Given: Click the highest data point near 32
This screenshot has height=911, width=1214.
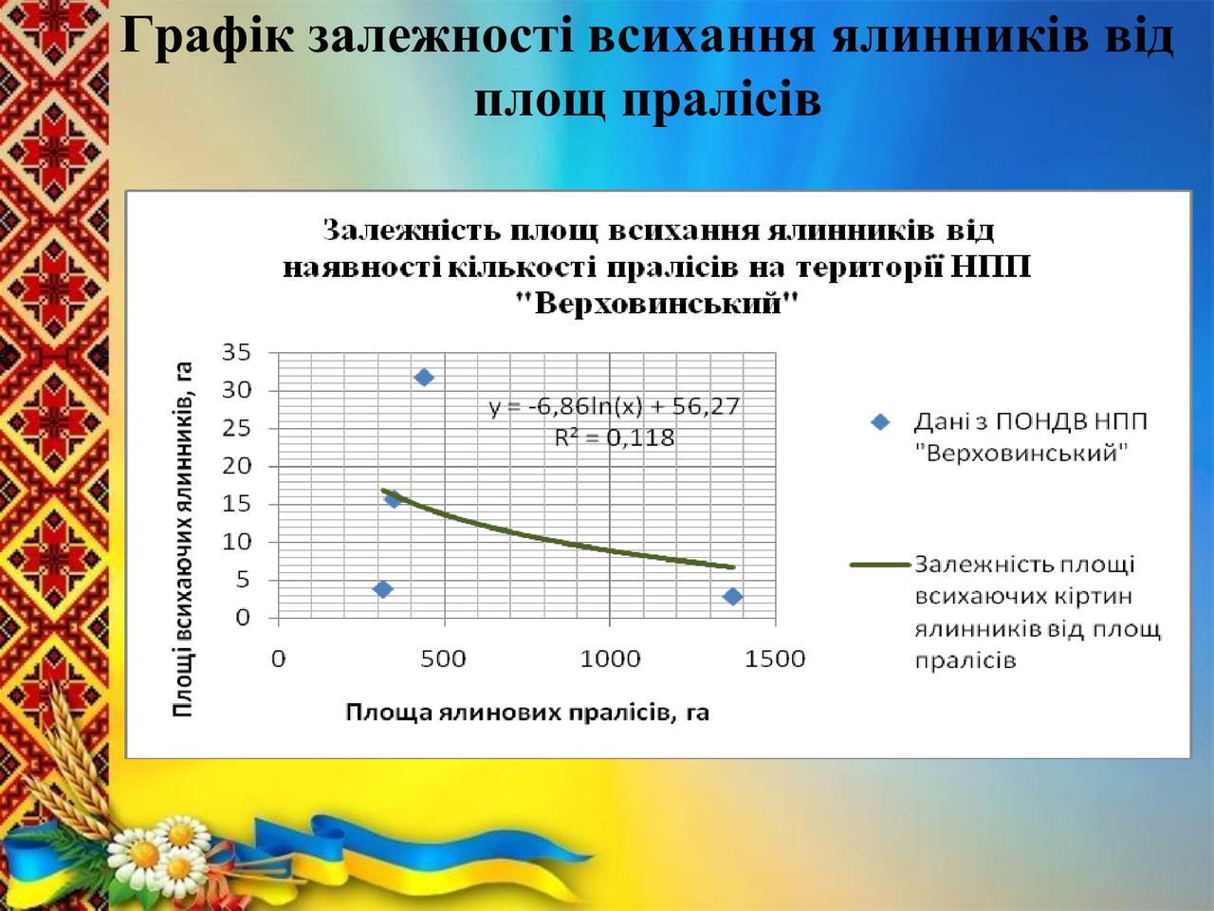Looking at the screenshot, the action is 424,378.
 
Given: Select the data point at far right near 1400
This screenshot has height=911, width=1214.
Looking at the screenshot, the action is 732,596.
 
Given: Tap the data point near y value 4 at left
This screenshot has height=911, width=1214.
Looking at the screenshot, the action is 383,589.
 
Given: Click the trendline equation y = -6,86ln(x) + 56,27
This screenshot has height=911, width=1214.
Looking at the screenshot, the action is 615,406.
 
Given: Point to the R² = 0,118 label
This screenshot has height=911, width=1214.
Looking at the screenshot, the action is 615,437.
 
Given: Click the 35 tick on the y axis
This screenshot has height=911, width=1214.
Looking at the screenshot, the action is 236,352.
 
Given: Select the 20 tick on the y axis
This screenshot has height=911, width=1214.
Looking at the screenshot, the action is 236,466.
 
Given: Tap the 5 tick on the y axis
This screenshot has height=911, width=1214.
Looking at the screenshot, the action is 244,580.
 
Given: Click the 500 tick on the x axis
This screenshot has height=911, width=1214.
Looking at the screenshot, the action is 443,659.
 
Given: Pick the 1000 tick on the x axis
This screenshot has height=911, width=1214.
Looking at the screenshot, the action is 610,659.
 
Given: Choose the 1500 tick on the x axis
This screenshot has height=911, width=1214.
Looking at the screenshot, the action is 775,659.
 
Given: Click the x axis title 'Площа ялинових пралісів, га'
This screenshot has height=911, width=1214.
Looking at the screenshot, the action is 527,713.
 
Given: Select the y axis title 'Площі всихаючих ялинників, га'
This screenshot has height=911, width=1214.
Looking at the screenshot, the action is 182,540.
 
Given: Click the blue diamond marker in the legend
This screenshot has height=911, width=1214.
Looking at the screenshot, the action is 880,422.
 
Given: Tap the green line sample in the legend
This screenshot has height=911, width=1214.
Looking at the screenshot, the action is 880,565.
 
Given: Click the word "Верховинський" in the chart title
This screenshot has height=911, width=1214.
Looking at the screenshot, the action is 657,304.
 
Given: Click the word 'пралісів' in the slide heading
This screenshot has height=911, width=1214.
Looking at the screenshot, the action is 723,100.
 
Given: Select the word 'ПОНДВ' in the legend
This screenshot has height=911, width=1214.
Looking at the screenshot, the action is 1033,422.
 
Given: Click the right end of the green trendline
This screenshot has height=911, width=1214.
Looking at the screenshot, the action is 733,567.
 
